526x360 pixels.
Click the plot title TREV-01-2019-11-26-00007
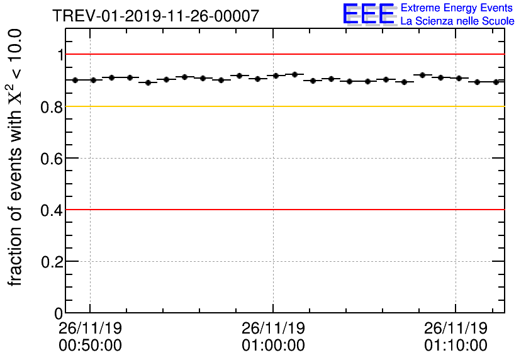(155, 16)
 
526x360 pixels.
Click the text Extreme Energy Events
(457, 8)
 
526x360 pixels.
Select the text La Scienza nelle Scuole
(457, 21)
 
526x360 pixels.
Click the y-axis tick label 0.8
(52, 106)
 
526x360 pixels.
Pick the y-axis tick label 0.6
(52, 158)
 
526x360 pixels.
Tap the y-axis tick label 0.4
(52, 210)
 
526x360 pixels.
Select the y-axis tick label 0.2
(52, 261)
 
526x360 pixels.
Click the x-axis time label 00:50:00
(90, 346)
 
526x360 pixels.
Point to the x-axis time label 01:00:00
(273, 346)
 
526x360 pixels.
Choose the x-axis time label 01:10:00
(456, 346)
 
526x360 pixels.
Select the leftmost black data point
(75, 80)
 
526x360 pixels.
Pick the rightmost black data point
(496, 82)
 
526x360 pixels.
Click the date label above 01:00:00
(273, 328)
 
